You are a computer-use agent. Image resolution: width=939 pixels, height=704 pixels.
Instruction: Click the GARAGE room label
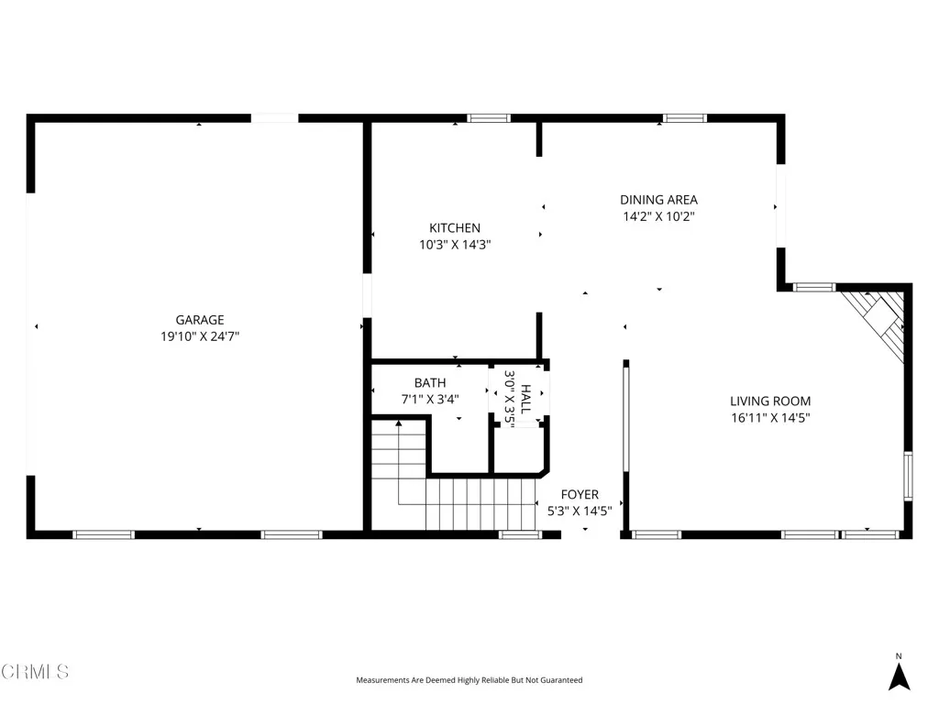click(x=200, y=320)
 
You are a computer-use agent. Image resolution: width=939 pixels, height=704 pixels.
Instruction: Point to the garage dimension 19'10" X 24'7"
click(x=200, y=336)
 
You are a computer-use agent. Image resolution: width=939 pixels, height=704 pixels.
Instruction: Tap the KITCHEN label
click(x=455, y=228)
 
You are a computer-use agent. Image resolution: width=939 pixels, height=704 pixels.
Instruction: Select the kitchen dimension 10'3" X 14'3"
click(x=455, y=245)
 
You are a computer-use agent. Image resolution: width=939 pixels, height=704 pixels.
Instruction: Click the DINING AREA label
click(x=658, y=200)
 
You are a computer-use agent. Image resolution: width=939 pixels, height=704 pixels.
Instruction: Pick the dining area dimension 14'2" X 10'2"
click(x=658, y=217)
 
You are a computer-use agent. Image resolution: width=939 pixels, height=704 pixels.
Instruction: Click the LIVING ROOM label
click(x=770, y=401)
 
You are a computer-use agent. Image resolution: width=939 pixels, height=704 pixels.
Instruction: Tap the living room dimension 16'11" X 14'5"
click(x=770, y=418)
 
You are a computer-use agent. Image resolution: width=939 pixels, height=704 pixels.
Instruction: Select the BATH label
click(x=430, y=383)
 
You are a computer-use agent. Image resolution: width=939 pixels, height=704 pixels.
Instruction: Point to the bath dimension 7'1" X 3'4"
click(x=430, y=400)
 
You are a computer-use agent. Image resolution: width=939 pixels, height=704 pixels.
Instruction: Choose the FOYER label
click(x=580, y=495)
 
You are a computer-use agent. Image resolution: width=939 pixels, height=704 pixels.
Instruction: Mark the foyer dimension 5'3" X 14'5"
click(x=580, y=511)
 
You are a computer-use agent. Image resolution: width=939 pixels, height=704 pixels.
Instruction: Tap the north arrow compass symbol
click(x=900, y=675)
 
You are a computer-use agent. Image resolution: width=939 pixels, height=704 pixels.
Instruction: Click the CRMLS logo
click(x=35, y=672)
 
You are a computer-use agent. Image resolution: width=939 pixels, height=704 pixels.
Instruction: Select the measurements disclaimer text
click(x=469, y=680)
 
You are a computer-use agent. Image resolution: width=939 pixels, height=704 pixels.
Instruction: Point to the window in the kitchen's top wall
click(x=488, y=118)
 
